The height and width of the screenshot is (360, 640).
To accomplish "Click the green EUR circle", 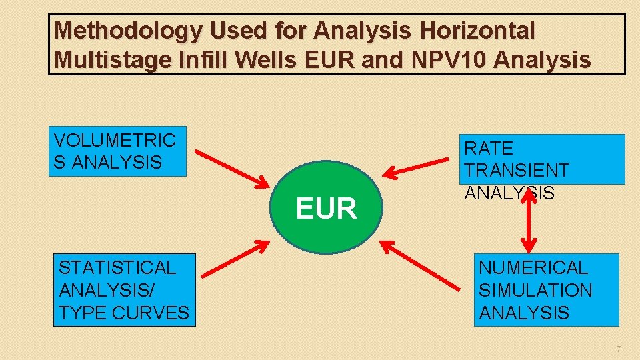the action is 327,207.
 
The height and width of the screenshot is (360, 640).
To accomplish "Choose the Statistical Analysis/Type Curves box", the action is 125,290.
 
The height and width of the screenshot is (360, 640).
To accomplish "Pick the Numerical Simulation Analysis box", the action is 546,290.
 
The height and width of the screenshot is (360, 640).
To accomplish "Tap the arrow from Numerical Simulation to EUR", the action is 423,267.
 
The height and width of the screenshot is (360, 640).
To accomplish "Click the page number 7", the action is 619,349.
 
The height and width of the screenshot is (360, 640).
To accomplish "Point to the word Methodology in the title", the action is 127,31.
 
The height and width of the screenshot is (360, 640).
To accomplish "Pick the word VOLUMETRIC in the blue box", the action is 115,141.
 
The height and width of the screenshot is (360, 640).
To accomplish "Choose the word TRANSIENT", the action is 517,171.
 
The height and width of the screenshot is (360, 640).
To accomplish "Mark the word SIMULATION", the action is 535,291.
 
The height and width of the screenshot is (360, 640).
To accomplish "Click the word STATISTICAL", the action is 117,268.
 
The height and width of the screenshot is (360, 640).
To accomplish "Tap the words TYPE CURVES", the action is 124,313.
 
